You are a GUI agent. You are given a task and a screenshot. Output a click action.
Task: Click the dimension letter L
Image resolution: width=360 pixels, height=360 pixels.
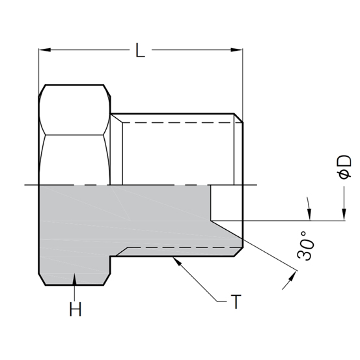[140, 50]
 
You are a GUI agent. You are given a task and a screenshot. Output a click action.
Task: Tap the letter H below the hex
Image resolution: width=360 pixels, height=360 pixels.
[76, 309]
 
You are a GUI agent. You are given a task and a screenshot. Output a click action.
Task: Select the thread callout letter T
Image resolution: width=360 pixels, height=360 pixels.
[236, 301]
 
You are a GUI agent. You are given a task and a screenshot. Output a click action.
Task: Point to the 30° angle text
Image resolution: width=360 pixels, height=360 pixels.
[305, 245]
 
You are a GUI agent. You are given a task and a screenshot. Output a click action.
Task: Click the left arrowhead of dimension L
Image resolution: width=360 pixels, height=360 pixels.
[45, 50]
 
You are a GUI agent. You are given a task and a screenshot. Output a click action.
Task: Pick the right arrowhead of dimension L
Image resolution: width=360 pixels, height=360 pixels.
[236, 50]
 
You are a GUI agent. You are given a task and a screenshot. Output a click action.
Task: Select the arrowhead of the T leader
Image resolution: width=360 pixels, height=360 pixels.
[176, 260]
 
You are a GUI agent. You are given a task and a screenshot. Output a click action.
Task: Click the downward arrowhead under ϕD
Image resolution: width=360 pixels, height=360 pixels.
[344, 214]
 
